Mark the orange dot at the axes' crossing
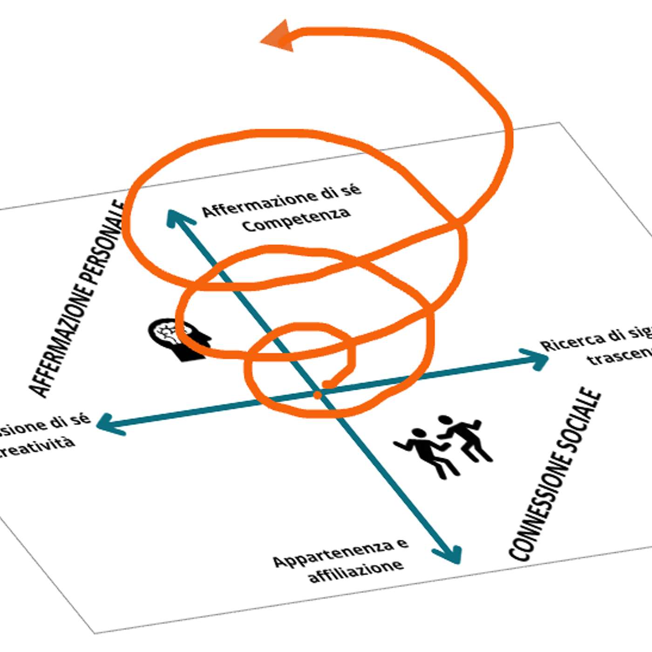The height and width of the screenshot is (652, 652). (x=318, y=395)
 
